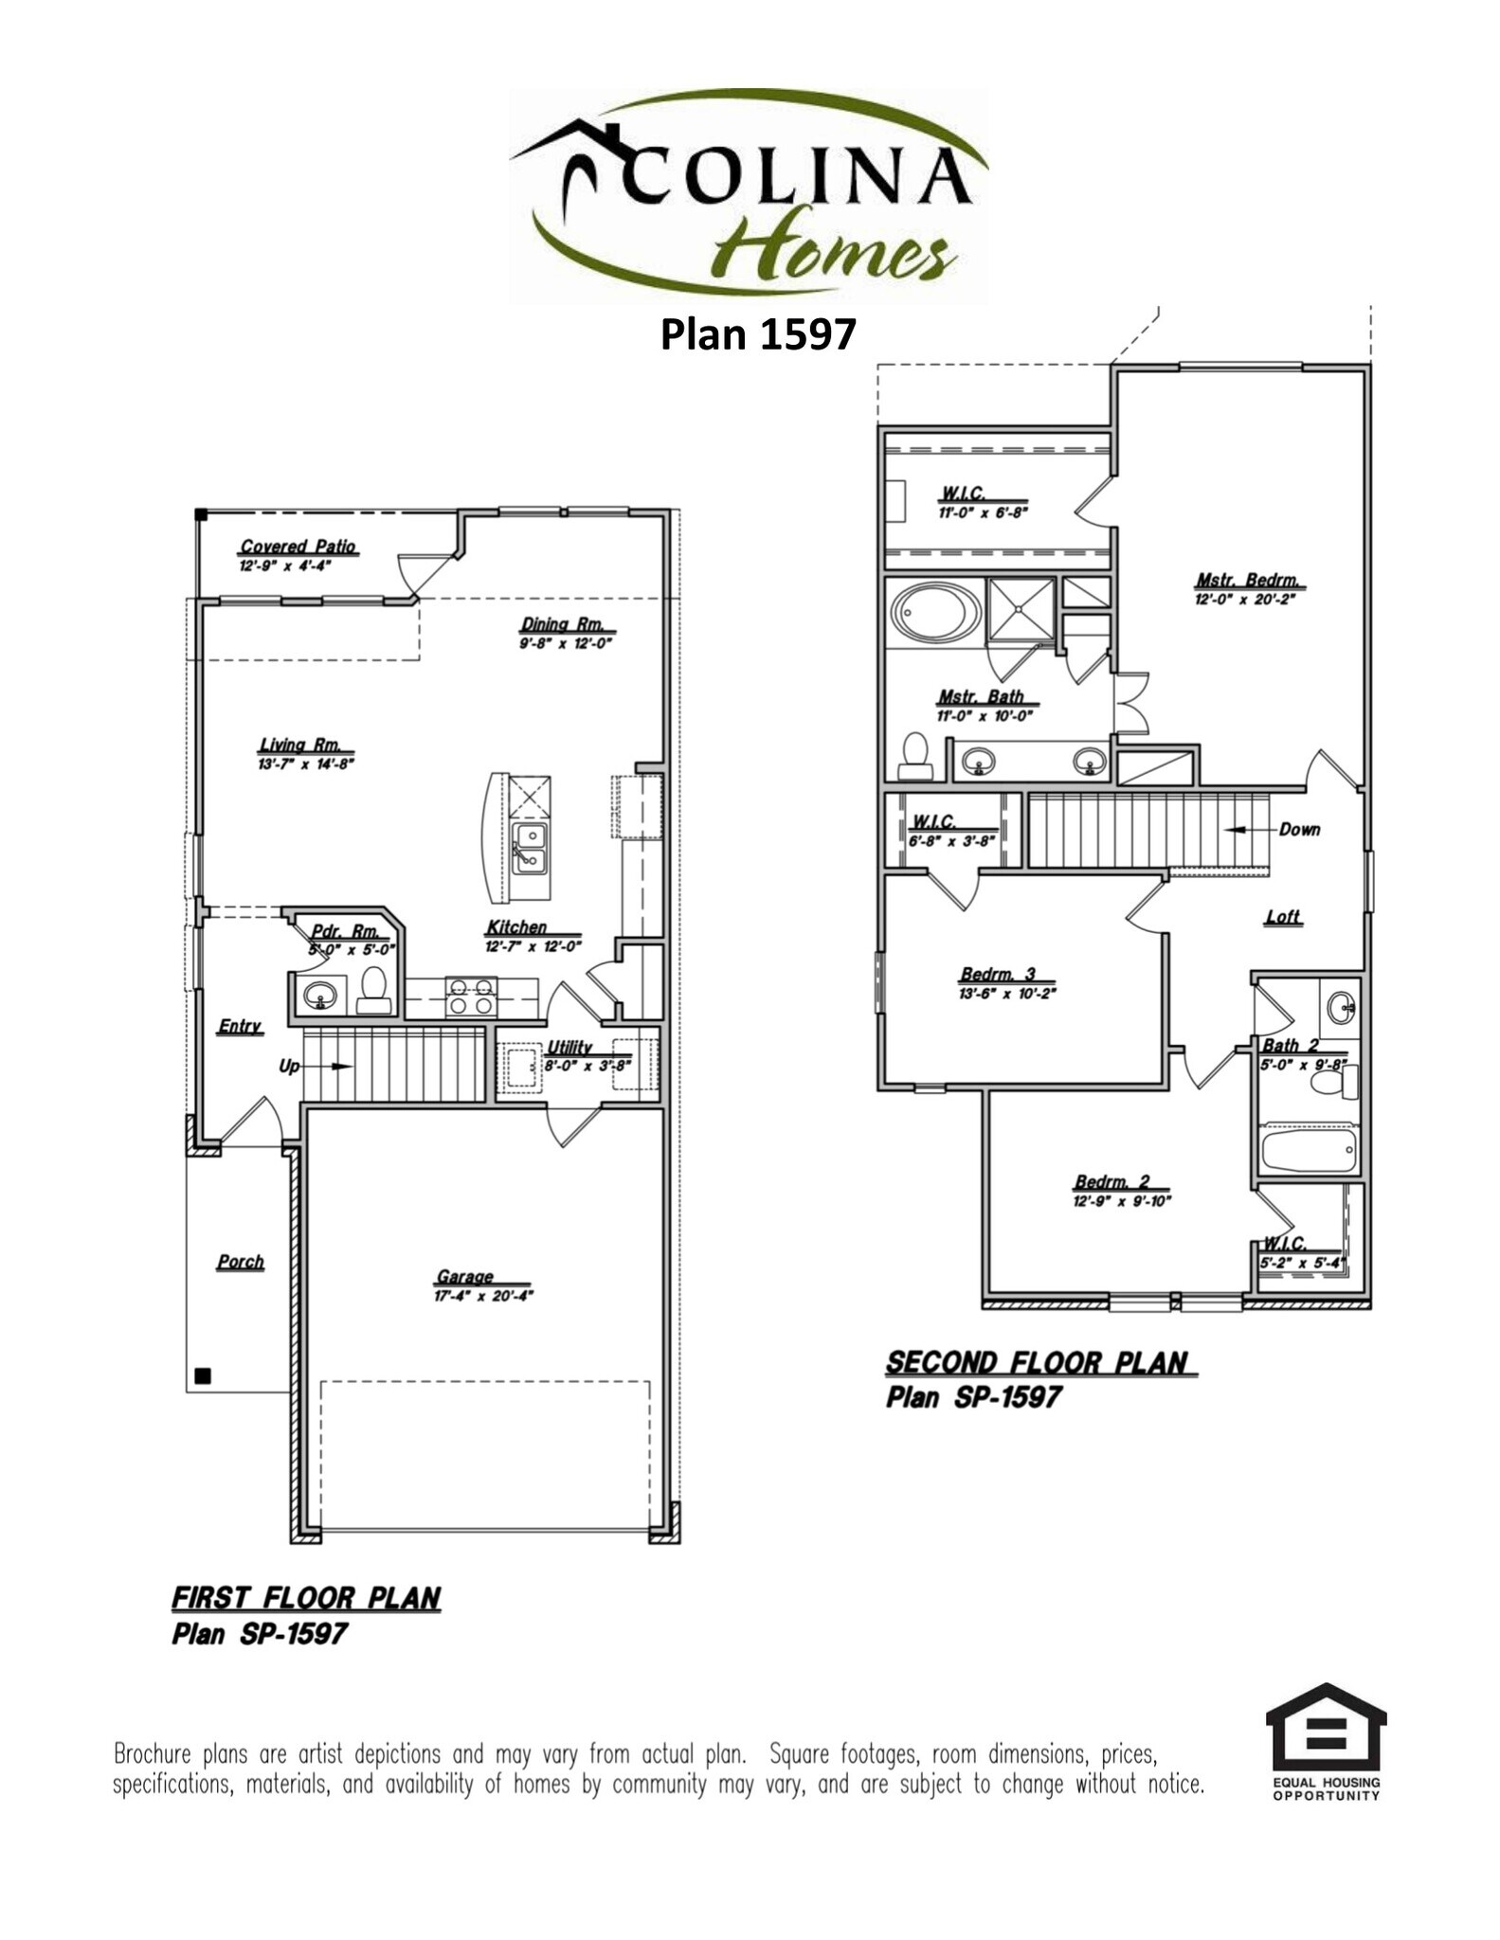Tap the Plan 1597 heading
[757, 334]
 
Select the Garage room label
[464, 1276]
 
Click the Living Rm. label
[299, 745]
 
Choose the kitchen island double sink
[530, 849]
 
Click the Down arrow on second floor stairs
[1249, 830]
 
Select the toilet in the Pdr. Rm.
[374, 990]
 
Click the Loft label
[1282, 917]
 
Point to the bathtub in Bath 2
[1310, 1149]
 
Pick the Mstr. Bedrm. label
[1245, 580]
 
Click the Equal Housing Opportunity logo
[1326, 1741]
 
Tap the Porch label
[240, 1262]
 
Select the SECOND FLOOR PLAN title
[1037, 1363]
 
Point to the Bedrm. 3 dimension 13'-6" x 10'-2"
[1007, 994]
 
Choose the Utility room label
[569, 1047]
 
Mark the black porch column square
[202, 1375]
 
